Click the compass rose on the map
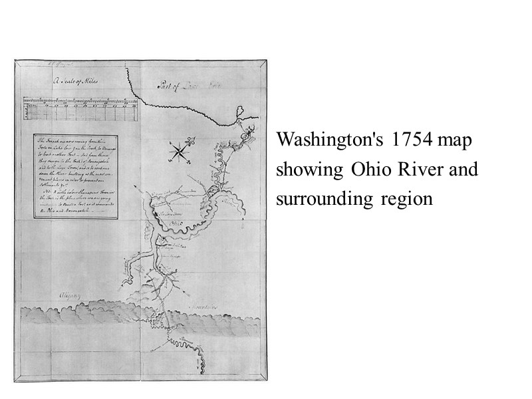tap(180, 152)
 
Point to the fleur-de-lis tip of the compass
tap(190, 142)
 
